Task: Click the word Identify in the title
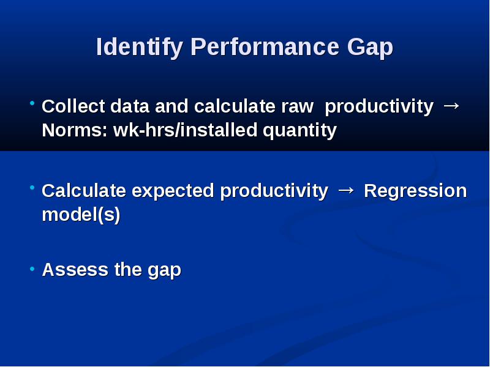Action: click(140, 47)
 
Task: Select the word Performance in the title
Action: click(265, 46)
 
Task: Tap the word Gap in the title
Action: click(370, 48)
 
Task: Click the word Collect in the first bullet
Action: click(73, 106)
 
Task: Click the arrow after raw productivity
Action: click(451, 106)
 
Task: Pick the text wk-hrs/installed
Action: click(186, 130)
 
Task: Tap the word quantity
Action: click(300, 130)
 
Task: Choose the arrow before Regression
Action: click(346, 190)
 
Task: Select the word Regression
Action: click(415, 191)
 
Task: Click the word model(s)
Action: click(81, 215)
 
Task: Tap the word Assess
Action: click(75, 270)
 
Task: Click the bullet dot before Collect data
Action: click(32, 102)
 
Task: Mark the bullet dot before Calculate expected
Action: click(32, 187)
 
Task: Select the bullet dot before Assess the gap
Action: click(32, 269)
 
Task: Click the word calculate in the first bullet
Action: click(235, 106)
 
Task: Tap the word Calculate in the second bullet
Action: click(84, 191)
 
